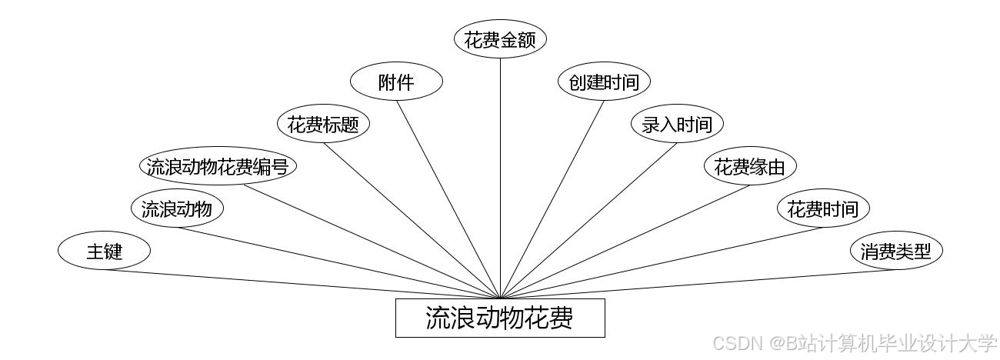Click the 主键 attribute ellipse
pos(104,251)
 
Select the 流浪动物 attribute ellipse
pos(177,208)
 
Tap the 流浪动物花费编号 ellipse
pos(218,166)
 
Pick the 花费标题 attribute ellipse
pos(323,124)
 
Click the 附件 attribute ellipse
pos(396,82)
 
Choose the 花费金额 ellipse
pos(500,39)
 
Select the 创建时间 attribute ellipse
pos(604,82)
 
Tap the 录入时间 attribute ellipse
pos(677,124)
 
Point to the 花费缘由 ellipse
pos(750,166)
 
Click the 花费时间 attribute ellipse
pos(823,208)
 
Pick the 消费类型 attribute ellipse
pos(896,251)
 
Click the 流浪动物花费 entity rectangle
pos(500,318)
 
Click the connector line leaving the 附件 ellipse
pos(448,199)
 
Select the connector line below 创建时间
pos(552,199)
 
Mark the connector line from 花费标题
pos(412,221)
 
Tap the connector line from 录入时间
pos(588,221)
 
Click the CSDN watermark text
pos(854,343)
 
